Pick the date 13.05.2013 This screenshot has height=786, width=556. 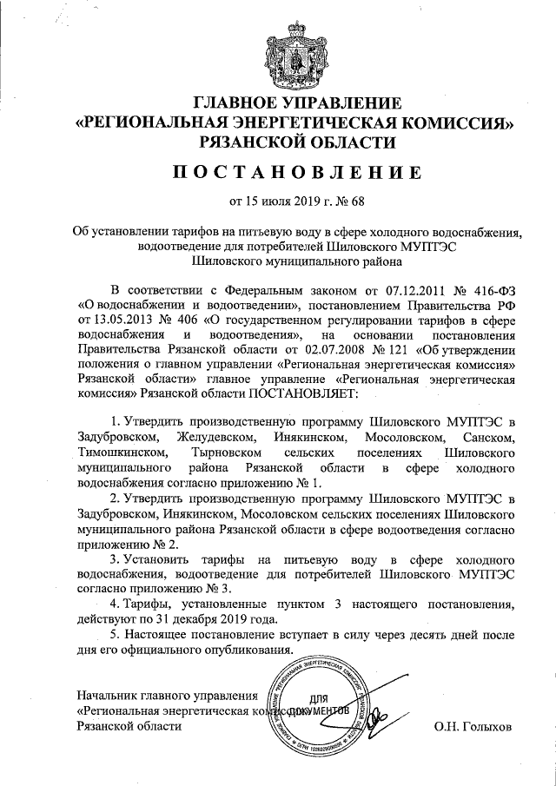pos(126,320)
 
